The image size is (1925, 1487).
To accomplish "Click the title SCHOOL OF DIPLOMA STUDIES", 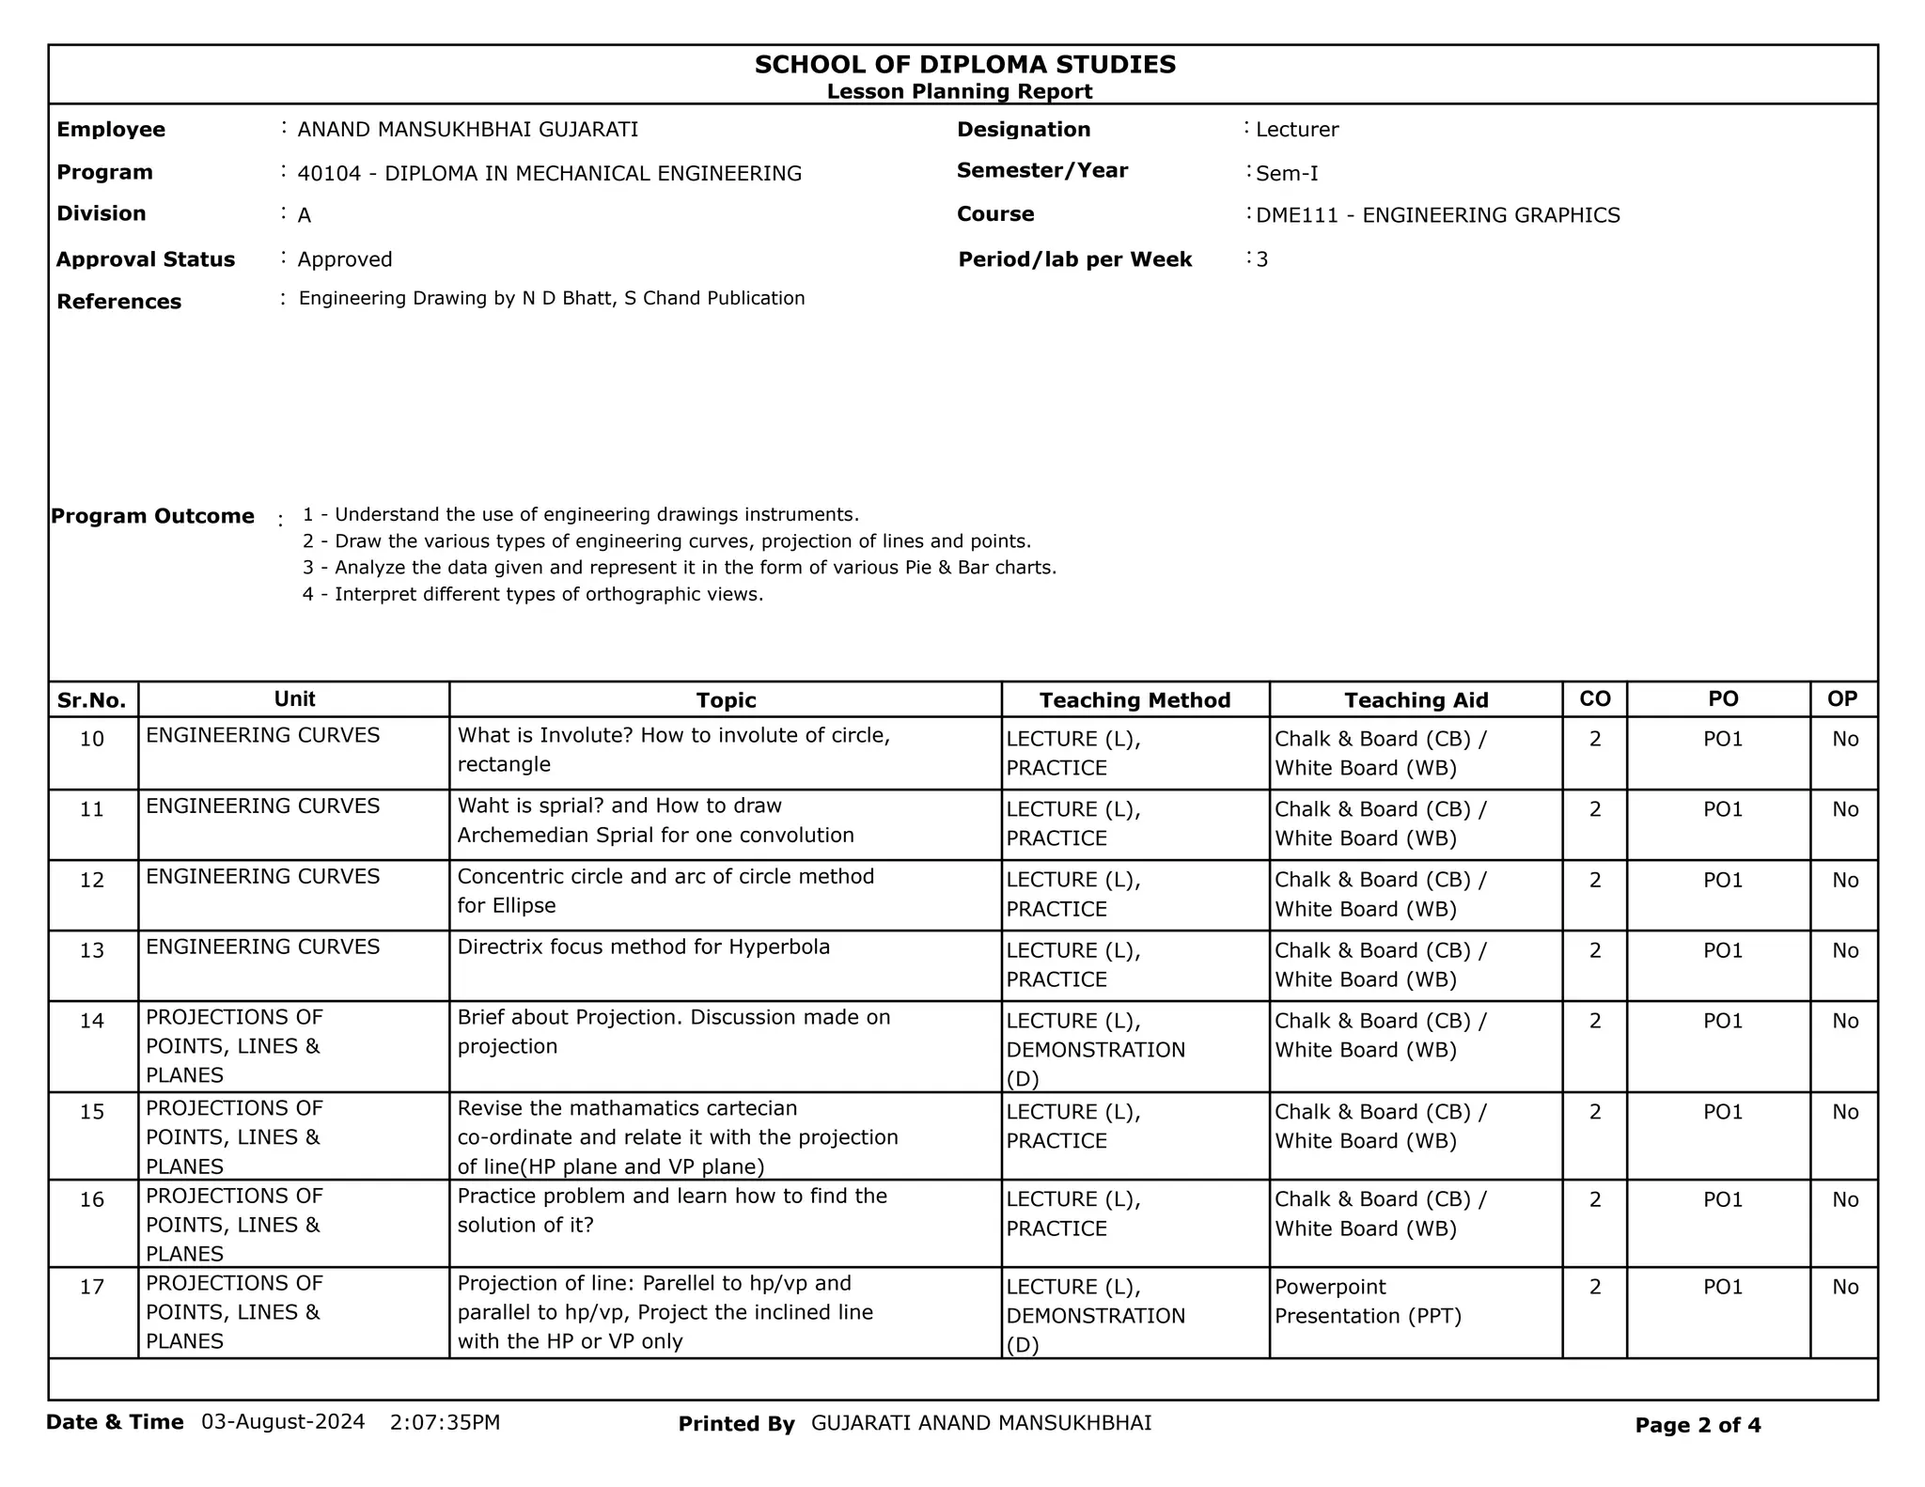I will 964,65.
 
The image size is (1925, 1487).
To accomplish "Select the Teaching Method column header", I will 1135,700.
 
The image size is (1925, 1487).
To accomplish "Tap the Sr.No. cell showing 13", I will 92,950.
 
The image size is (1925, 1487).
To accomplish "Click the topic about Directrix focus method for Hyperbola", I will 644,947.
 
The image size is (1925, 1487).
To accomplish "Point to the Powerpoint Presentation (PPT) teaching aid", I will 1368,1302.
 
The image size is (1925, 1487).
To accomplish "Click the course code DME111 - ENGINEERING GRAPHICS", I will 1438,215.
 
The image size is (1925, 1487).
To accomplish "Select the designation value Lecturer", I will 1297,130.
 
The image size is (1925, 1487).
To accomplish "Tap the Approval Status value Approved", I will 345,259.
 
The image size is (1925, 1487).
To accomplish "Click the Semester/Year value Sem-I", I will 1287,174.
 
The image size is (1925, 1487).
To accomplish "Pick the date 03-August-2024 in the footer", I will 283,1422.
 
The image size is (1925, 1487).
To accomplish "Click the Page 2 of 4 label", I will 1698,1426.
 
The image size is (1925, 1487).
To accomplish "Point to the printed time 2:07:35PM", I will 445,1422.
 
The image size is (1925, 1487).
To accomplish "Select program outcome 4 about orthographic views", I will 533,594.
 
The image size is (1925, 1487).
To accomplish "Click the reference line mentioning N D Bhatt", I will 552,299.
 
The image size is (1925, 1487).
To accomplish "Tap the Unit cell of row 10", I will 263,736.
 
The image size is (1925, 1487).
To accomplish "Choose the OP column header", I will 1842,699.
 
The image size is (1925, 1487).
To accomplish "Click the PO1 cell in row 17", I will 1723,1287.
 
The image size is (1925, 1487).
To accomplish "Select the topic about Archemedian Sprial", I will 655,821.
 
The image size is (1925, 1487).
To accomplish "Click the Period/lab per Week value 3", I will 1262,260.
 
